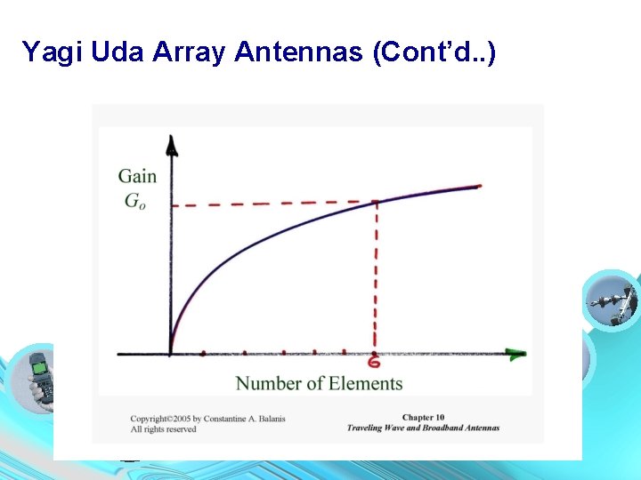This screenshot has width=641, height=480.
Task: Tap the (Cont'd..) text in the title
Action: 436,52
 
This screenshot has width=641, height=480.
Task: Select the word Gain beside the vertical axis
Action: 137,176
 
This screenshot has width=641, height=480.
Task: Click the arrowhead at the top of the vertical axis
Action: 171,143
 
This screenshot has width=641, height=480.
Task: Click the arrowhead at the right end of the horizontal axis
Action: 515,354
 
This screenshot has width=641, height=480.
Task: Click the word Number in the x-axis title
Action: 267,384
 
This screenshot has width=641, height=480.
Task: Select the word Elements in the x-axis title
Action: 366,384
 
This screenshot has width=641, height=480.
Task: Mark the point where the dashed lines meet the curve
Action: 375,203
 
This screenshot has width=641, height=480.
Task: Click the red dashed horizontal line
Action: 267,204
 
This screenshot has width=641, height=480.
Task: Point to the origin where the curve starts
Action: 170,353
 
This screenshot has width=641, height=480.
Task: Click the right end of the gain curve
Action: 479,186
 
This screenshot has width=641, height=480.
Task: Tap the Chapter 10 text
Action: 423,417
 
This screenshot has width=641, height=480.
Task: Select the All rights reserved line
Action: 163,429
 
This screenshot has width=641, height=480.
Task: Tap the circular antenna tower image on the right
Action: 612,300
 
